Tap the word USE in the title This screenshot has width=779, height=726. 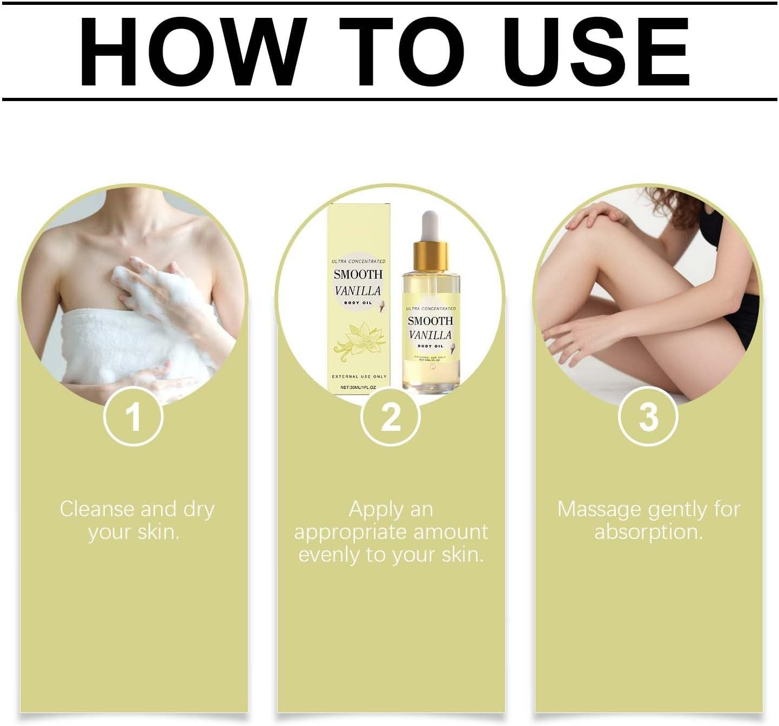coord(596,52)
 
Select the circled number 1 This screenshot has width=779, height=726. coord(133,417)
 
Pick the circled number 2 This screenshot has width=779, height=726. coord(391,417)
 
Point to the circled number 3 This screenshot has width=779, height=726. coord(648,417)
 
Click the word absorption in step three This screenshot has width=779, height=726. coord(648,532)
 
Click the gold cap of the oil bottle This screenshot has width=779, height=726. coord(431,257)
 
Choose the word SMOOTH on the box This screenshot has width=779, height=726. coord(358,275)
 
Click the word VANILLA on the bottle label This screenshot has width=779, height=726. coord(431,335)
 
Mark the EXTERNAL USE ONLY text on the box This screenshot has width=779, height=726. coord(359,376)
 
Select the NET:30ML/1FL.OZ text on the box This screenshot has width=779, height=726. coord(358,387)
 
